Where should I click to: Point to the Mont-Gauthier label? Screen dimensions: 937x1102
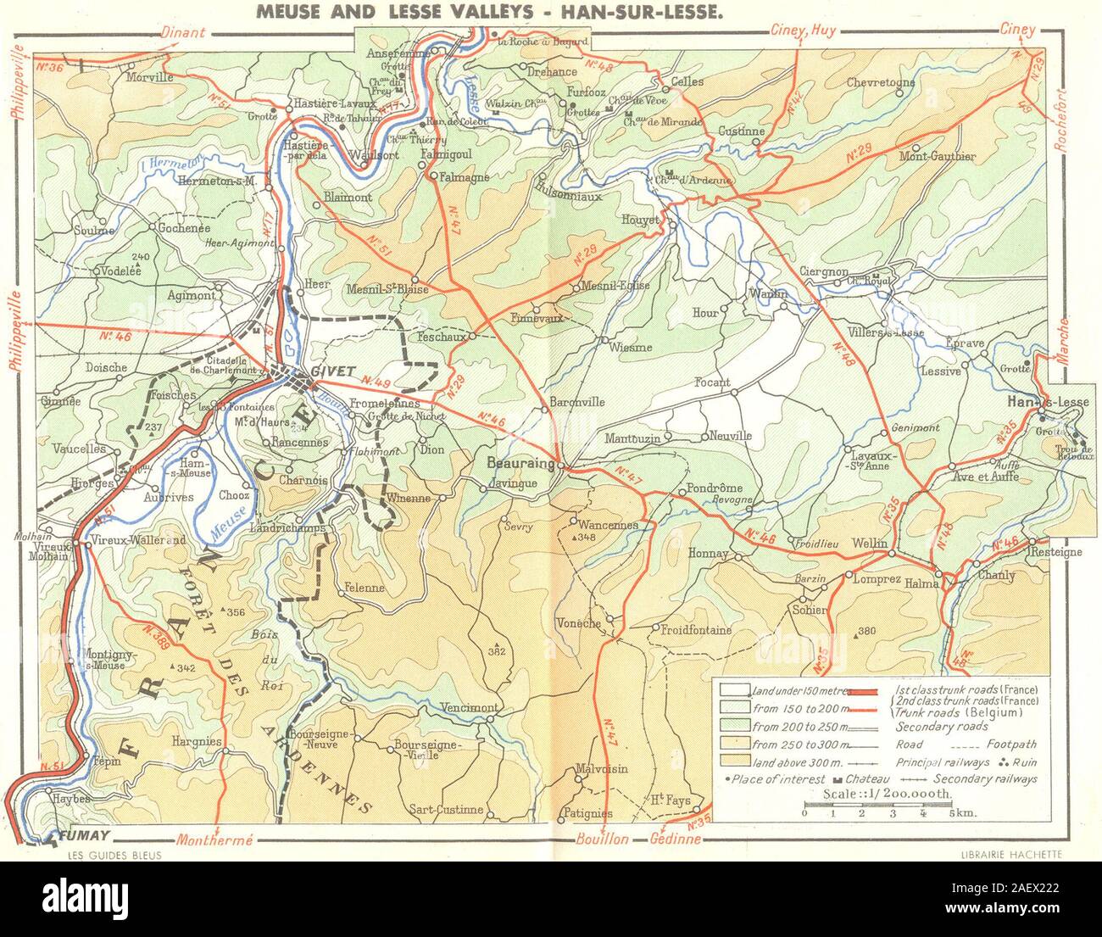(x=938, y=156)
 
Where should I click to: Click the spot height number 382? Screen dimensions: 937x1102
(x=496, y=651)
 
